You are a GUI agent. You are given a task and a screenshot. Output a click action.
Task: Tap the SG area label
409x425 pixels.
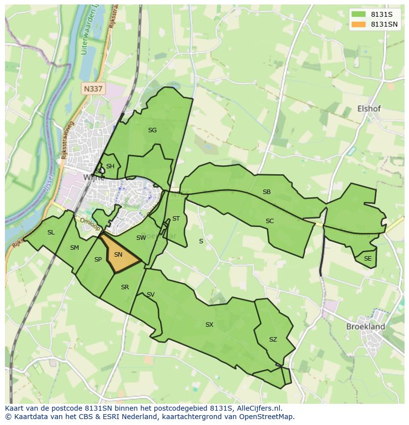pyautogui.click(x=152, y=130)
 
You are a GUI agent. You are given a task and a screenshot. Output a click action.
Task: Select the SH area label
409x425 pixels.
pyautogui.click(x=110, y=166)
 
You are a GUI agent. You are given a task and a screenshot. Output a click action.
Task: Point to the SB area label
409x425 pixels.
pyautogui.click(x=267, y=192)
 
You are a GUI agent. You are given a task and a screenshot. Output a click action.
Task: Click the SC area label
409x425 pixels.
pyautogui.click(x=270, y=221)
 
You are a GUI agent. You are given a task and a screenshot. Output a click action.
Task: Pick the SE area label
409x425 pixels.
pyautogui.click(x=368, y=259)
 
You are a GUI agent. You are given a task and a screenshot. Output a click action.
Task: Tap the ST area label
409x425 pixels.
pyautogui.click(x=176, y=219)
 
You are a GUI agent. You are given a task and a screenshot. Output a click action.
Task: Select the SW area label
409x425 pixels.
pyautogui.click(x=141, y=238)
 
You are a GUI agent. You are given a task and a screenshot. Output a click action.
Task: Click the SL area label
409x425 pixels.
pyautogui.click(x=51, y=232)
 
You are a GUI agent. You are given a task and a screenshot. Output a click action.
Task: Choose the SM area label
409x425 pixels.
pyautogui.click(x=75, y=248)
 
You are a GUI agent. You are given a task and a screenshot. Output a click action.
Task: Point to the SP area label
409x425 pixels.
pyautogui.click(x=98, y=260)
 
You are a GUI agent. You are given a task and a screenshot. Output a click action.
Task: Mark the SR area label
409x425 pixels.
pyautogui.click(x=125, y=287)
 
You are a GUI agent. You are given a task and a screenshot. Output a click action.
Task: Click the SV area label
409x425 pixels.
pyautogui.click(x=151, y=295)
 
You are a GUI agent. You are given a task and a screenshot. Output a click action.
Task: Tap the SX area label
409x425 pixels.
pyautogui.click(x=209, y=325)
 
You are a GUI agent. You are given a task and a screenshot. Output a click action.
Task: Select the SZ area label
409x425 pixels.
pyautogui.click(x=273, y=340)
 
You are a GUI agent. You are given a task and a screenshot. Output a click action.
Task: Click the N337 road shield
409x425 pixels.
pyautogui.click(x=93, y=89)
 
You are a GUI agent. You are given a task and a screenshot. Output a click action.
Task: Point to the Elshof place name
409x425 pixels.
pyautogui.click(x=369, y=109)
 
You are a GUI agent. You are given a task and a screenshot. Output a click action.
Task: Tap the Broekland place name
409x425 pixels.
pyautogui.click(x=366, y=327)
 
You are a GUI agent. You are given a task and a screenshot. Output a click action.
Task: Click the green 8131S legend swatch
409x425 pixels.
pyautogui.click(x=359, y=14)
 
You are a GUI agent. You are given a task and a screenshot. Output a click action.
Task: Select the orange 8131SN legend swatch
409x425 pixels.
pyautogui.click(x=359, y=24)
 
